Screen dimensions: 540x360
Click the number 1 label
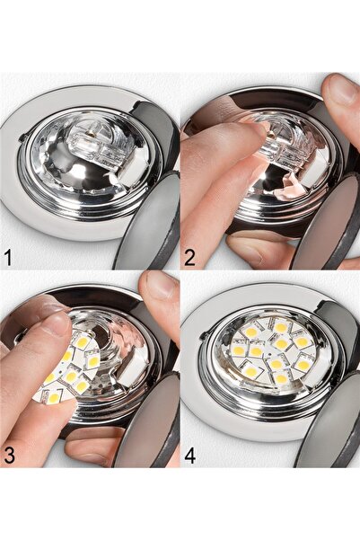[x=8, y=258]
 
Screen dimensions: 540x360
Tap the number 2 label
[x=189, y=258]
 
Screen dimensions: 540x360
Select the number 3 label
[x=9, y=453]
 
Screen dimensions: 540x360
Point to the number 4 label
[x=190, y=453]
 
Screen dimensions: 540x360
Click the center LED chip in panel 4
[x=281, y=342]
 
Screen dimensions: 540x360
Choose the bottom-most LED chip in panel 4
[x=280, y=379]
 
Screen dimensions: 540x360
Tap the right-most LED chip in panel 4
[x=304, y=364]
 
